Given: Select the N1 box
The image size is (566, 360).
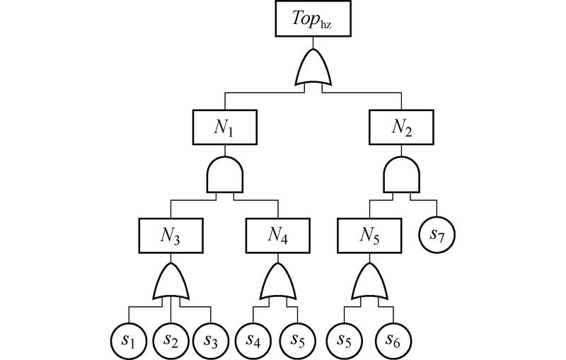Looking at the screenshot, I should [225, 127].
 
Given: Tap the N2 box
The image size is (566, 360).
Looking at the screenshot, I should [402, 127].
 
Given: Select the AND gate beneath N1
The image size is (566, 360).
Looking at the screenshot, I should [225, 175].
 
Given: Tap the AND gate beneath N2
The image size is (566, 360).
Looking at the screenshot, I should [402, 175].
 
